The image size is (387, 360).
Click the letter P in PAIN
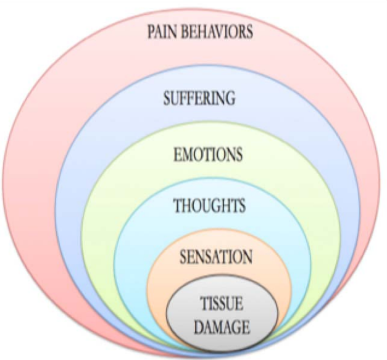pyautogui.click(x=150, y=31)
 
